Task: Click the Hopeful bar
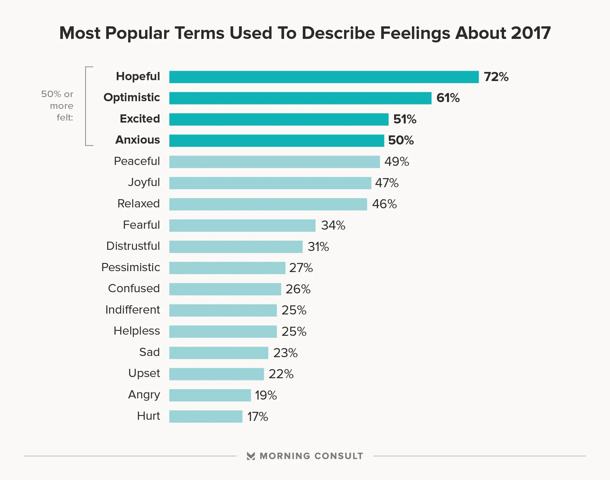tap(324, 77)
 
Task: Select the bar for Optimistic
tap(300, 98)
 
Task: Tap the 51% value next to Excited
tap(405, 119)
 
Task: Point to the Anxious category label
tap(138, 140)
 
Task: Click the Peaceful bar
tap(274, 162)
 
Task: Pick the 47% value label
tap(386, 183)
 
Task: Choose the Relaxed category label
tap(138, 204)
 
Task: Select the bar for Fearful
tap(242, 226)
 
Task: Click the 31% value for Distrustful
tap(318, 247)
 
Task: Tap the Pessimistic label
tap(130, 267)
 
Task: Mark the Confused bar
tap(225, 289)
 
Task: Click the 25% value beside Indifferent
tap(294, 310)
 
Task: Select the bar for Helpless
tap(223, 331)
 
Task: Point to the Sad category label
tap(149, 352)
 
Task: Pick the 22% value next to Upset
tap(281, 374)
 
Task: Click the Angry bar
tap(210, 395)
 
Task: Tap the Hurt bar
tap(206, 417)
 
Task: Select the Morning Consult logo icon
tap(251, 456)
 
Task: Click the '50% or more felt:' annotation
tap(57, 106)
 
